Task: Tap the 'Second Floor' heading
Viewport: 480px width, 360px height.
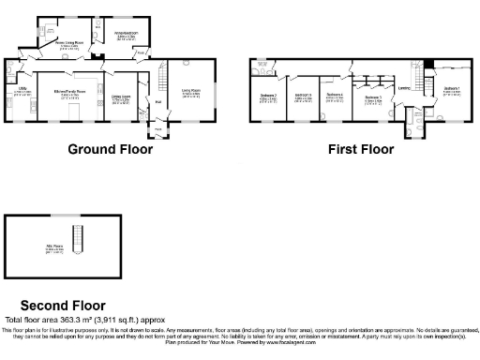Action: [63, 305]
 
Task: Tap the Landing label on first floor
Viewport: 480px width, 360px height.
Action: [405, 90]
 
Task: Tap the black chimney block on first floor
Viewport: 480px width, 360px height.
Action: [428, 64]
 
